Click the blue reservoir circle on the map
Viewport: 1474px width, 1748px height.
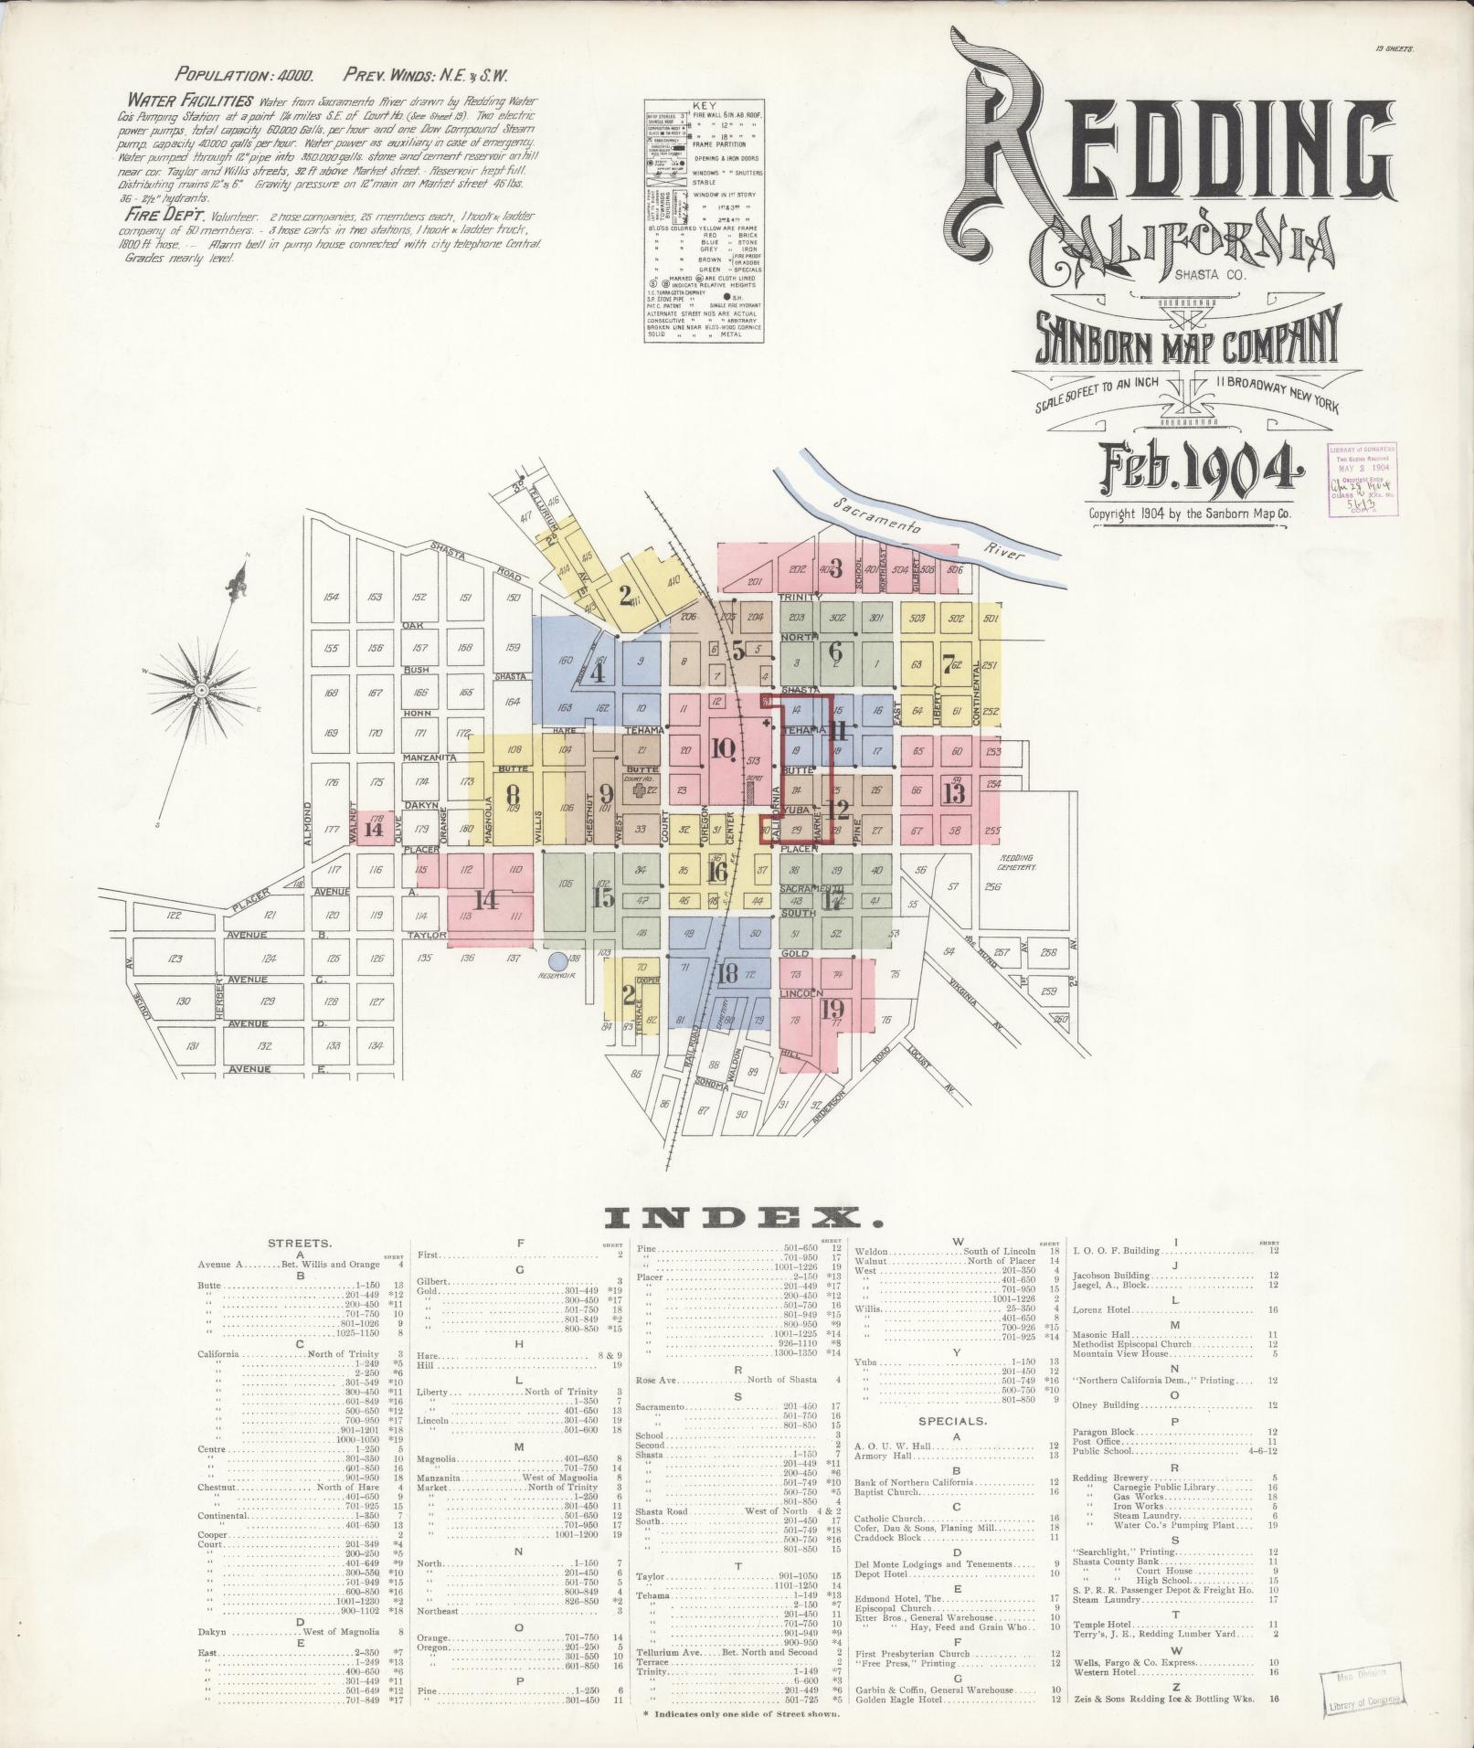557,960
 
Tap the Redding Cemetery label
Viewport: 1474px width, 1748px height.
1016,863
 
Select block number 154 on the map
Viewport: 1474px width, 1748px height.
331,598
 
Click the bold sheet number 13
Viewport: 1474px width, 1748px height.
956,791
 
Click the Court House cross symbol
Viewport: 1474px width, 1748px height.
640,789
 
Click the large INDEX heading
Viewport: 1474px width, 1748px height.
744,1217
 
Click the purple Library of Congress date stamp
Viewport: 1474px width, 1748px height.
1360,482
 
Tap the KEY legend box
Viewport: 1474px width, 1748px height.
705,219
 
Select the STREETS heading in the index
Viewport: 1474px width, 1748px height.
300,1244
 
